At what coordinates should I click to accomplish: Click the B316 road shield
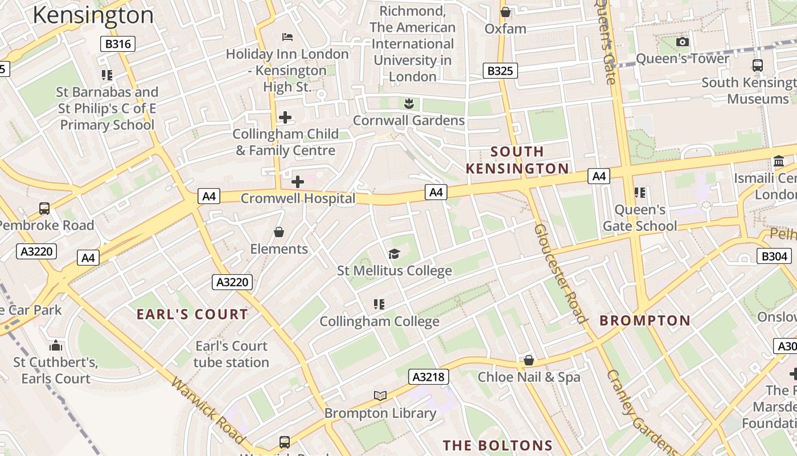pos(118,44)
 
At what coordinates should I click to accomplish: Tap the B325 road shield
pos(500,71)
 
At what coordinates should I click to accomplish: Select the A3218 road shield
pos(429,377)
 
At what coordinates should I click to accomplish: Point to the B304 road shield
pos(774,256)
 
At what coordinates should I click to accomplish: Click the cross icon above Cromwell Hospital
pos(297,182)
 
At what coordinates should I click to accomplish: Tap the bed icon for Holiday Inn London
pos(287,37)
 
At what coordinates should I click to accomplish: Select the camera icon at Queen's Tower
pos(682,42)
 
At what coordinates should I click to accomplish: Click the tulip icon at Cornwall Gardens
pos(408,104)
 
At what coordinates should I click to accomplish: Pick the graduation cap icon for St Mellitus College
pos(394,254)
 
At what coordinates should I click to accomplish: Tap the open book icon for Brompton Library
pos(380,396)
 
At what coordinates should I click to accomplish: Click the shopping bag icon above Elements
pos(279,232)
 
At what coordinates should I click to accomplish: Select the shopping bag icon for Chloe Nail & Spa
pos(528,360)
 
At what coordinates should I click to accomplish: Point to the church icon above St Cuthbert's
pos(55,345)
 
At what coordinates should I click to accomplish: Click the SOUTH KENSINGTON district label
pos(517,160)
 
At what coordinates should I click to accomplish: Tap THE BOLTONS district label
pos(498,445)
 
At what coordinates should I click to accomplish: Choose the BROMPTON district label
pos(645,320)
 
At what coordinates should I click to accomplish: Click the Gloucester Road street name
pos(560,274)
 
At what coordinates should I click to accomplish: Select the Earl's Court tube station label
pos(231,354)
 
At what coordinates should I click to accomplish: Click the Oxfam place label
pos(505,28)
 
